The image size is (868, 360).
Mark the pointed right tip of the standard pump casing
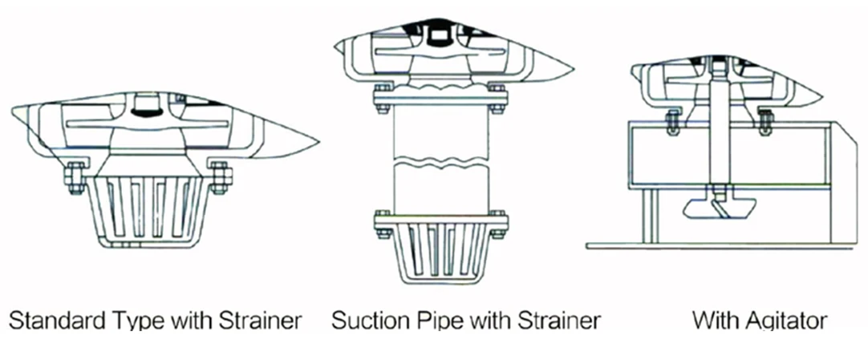(316, 144)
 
